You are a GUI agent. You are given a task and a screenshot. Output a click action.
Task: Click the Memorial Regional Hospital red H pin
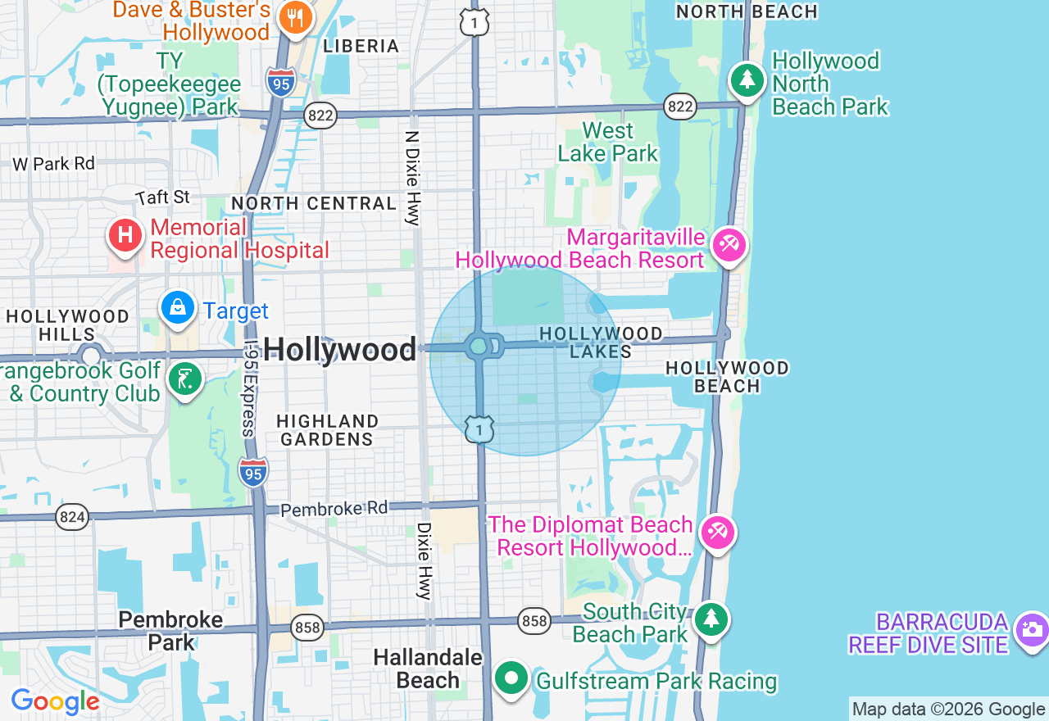pyautogui.click(x=125, y=236)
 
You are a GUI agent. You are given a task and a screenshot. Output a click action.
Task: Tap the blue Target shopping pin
pyautogui.click(x=178, y=308)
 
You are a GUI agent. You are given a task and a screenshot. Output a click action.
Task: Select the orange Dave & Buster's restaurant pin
pyautogui.click(x=294, y=18)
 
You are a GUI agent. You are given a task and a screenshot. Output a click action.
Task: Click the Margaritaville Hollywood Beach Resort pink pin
pyautogui.click(x=729, y=245)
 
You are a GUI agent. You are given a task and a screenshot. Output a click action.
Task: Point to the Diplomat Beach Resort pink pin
pyautogui.click(x=717, y=533)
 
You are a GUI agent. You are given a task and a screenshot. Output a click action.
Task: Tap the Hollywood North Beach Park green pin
pyautogui.click(x=747, y=80)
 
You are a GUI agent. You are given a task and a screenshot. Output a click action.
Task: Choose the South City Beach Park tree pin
pyautogui.click(x=711, y=620)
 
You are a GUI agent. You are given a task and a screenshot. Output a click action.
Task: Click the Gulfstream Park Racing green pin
pyautogui.click(x=512, y=678)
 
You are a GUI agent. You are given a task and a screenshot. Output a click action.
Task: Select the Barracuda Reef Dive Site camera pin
pyautogui.click(x=1030, y=629)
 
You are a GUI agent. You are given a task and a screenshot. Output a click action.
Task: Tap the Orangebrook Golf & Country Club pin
pyautogui.click(x=185, y=379)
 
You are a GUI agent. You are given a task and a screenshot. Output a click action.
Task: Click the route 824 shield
pyautogui.click(x=72, y=517)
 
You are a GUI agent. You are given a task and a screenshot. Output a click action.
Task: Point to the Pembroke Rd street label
pyautogui.click(x=334, y=509)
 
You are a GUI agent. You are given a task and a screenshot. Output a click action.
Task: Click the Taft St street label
pyautogui.click(x=163, y=197)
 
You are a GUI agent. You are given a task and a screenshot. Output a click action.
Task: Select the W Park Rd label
pyautogui.click(x=54, y=164)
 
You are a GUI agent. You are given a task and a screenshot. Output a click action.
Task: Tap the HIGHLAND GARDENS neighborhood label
pyautogui.click(x=327, y=430)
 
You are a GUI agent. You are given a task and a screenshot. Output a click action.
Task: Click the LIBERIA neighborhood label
pyautogui.click(x=361, y=46)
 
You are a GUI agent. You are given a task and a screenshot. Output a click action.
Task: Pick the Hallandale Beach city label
pyautogui.click(x=428, y=669)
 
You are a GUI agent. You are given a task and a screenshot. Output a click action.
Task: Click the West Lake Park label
pyautogui.click(x=607, y=143)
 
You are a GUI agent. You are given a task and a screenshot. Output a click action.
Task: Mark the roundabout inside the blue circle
pyautogui.click(x=479, y=347)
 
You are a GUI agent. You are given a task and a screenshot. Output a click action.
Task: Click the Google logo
pyautogui.click(x=55, y=701)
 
